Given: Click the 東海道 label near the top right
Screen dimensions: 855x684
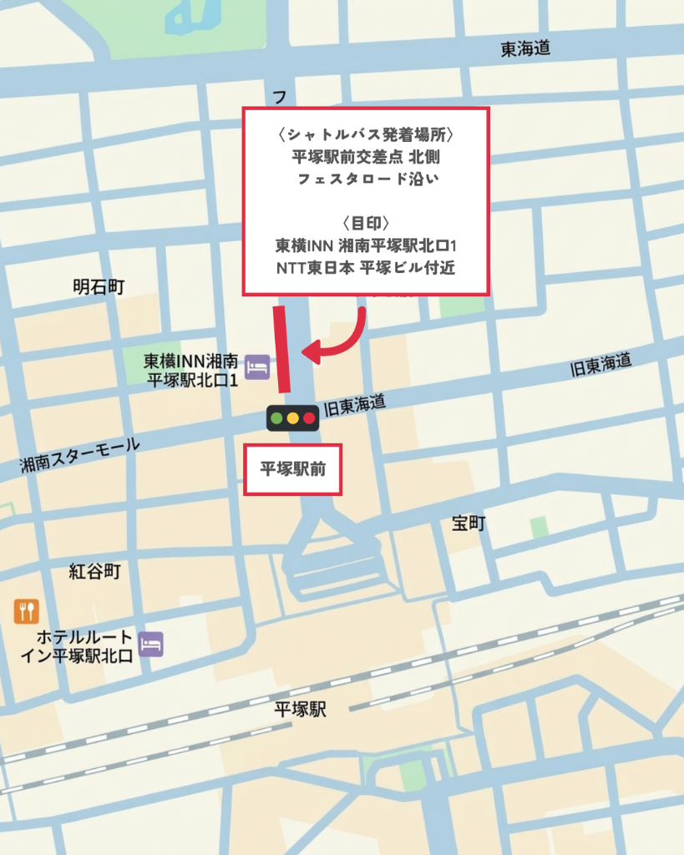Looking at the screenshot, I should [x=525, y=49].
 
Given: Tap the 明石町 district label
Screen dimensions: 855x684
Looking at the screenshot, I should [x=99, y=287].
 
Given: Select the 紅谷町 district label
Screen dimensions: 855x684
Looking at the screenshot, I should [x=94, y=571].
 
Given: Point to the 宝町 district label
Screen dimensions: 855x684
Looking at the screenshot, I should [x=469, y=524].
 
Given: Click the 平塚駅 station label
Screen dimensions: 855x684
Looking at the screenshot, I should [x=300, y=711].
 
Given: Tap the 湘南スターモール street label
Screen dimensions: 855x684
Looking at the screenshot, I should [x=80, y=457].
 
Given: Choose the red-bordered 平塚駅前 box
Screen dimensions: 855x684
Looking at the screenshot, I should [x=292, y=469].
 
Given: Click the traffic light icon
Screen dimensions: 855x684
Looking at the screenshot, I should [x=292, y=417].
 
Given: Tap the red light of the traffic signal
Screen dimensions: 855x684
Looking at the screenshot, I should [x=309, y=417].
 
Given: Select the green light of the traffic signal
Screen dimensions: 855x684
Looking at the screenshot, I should [x=276, y=417].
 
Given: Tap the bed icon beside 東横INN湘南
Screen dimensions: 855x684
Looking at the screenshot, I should [x=257, y=367].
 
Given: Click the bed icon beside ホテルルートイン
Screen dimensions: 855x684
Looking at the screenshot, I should [x=150, y=644].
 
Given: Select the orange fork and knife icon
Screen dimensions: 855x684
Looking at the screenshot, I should [x=27, y=611].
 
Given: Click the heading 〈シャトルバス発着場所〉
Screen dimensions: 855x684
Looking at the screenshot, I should [x=365, y=134].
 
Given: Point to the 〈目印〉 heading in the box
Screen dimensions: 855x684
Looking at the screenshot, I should [x=365, y=223].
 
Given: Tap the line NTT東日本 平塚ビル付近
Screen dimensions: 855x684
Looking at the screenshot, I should [x=365, y=269].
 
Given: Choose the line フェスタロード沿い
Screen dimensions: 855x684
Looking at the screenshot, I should [x=365, y=178].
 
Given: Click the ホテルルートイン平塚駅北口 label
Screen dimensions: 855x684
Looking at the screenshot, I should [x=77, y=645].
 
